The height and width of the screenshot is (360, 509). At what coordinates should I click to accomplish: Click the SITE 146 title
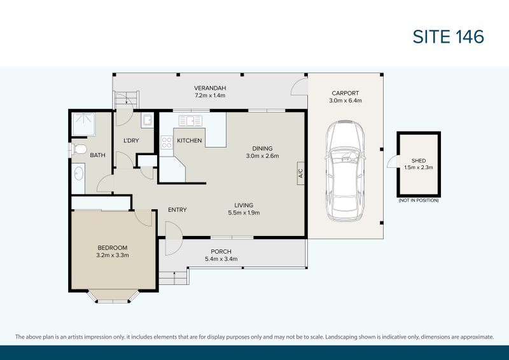point(449,37)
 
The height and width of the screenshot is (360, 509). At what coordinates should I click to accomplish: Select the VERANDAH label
point(210,88)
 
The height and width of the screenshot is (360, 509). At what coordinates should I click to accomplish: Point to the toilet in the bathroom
point(78,149)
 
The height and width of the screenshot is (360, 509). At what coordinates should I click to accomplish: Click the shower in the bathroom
point(82,124)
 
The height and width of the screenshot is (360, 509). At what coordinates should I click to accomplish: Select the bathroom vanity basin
point(78,172)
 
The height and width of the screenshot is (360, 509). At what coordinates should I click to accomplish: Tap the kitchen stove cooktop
point(167,143)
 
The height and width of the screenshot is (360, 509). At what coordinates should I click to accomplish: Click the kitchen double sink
point(190,120)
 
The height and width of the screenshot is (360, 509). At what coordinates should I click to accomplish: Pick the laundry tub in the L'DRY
point(147,121)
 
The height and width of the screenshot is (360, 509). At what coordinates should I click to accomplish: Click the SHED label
point(418,161)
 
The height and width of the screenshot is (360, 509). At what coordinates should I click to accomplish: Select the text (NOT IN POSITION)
point(418,200)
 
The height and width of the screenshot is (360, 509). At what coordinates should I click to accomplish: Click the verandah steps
point(126,99)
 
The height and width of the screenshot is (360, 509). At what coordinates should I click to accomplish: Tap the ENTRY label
point(177,210)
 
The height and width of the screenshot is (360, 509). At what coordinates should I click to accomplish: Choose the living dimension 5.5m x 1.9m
point(244,213)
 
